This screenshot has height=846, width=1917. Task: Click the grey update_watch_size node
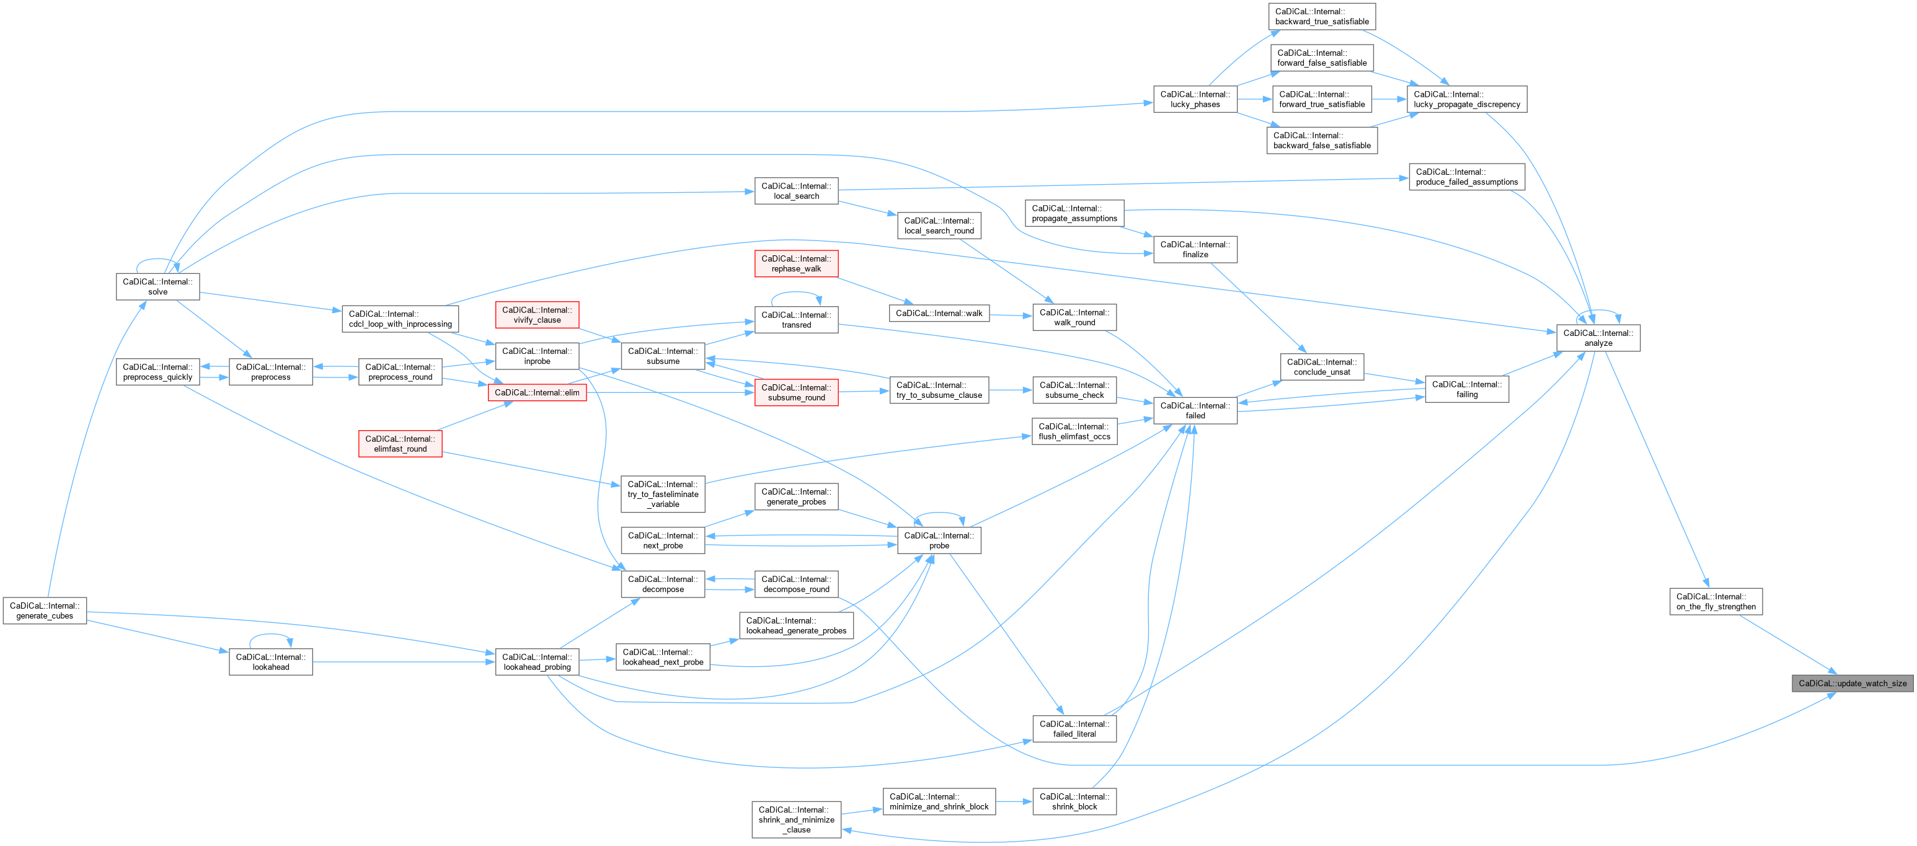1853,683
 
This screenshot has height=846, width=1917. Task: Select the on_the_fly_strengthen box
1716,601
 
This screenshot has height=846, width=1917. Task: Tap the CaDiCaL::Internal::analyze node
1598,338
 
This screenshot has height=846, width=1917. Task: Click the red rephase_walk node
796,263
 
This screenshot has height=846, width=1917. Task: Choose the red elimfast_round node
401,444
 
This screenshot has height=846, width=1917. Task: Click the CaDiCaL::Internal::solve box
157,286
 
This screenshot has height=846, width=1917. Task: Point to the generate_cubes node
45,610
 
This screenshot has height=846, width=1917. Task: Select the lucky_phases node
1195,99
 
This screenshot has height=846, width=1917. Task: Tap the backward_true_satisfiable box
1322,16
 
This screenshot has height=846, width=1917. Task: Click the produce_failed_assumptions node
1467,177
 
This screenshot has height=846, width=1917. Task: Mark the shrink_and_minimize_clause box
796,819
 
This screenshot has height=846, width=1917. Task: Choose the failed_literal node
1074,728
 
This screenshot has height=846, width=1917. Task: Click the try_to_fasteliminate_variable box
663,494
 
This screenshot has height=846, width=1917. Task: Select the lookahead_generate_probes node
796,625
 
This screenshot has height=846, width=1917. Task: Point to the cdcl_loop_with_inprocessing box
401,319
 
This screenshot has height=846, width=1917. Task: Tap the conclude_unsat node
1322,367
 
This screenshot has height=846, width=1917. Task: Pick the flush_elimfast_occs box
1074,431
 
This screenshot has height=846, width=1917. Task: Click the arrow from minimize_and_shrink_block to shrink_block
1014,801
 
